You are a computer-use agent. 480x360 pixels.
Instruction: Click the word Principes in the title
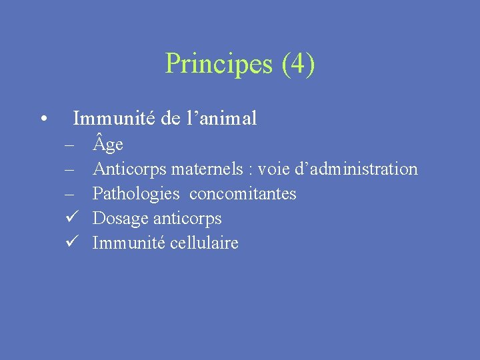pyautogui.click(x=219, y=65)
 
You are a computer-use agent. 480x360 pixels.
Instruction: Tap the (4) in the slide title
pyautogui.click(x=298, y=65)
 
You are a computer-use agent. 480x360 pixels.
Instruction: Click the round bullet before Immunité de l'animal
pyautogui.click(x=43, y=120)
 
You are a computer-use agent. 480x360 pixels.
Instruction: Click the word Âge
pyautogui.click(x=108, y=145)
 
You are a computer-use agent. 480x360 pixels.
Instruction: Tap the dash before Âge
pyautogui.click(x=69, y=145)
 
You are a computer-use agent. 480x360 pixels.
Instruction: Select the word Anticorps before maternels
pyautogui.click(x=129, y=169)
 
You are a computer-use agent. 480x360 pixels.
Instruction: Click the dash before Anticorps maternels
pyautogui.click(x=69, y=169)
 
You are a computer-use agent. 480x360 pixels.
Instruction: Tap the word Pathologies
pyautogui.click(x=136, y=194)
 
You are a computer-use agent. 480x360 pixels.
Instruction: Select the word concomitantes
pyautogui.click(x=243, y=194)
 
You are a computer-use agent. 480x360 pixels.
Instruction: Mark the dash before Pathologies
pyautogui.click(x=69, y=194)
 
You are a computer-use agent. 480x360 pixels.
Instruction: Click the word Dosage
pyautogui.click(x=121, y=219)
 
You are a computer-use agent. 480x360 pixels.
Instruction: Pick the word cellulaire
pyautogui.click(x=204, y=243)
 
